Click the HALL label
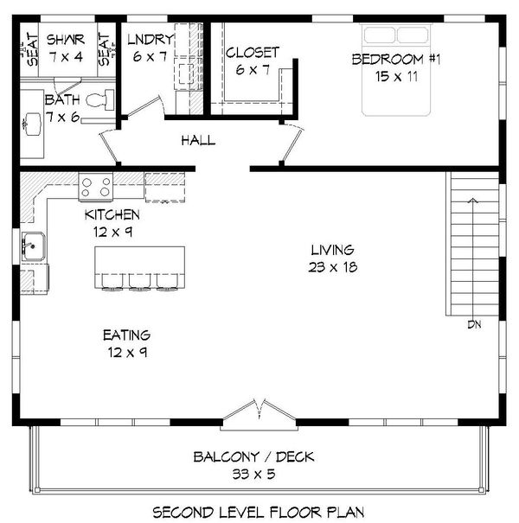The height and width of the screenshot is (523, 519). pyautogui.click(x=198, y=141)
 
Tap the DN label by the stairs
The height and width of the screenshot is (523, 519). pyautogui.click(x=472, y=325)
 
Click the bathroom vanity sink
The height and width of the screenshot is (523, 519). pyautogui.click(x=33, y=121)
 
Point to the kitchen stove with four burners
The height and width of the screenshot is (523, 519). pyautogui.click(x=95, y=186)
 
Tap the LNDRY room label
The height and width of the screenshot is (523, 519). pyautogui.click(x=151, y=40)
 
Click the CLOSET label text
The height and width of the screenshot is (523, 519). pyautogui.click(x=253, y=53)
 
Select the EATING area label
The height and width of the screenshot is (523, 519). pyautogui.click(x=126, y=335)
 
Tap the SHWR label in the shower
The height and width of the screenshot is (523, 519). pyautogui.click(x=63, y=40)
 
